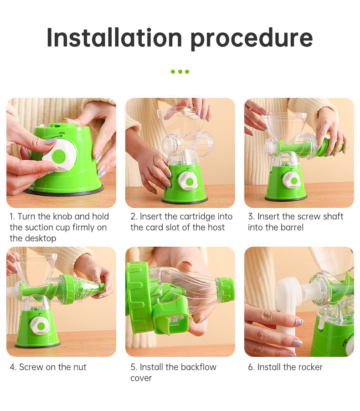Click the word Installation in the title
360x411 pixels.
(114, 38)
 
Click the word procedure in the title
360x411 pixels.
(252, 39)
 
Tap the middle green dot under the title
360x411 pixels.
(180, 71)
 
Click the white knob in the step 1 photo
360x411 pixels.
(60, 156)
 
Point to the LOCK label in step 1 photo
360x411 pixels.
(62, 133)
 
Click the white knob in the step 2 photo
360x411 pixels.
(188, 181)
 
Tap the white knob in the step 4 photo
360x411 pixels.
(40, 326)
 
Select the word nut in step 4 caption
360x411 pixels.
(80, 367)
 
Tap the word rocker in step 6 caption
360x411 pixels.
(307, 367)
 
